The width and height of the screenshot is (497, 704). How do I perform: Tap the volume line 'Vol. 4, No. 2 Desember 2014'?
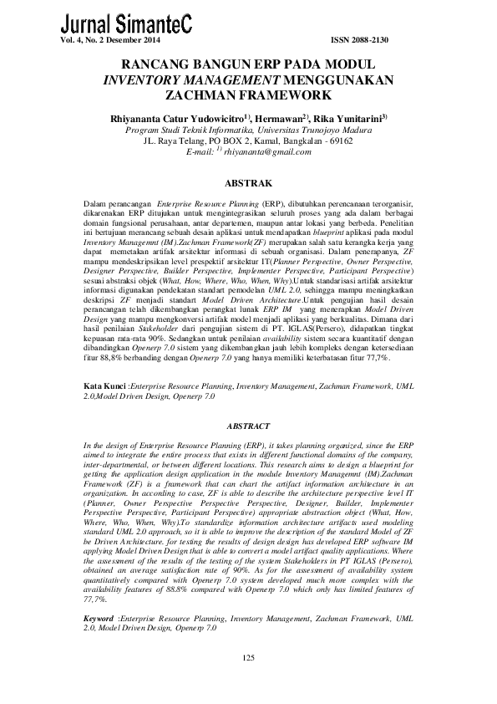[x=113, y=40]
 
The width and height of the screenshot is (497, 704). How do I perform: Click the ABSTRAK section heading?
[x=248, y=181]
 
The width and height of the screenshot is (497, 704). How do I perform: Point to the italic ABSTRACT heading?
[x=248, y=426]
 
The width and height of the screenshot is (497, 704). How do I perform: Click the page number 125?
[x=248, y=661]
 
